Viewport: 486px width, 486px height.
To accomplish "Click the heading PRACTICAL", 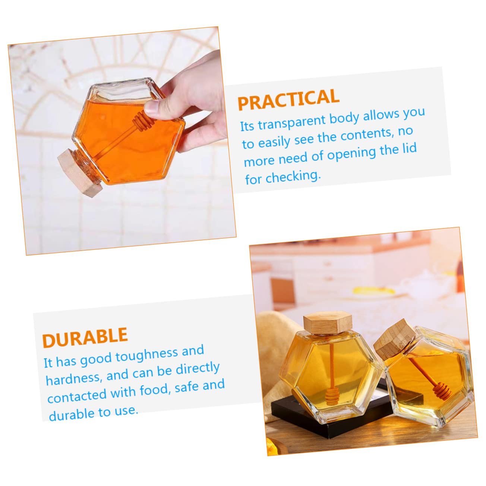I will pos(288,99).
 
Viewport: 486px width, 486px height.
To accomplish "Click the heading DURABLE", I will pos(85,337).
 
